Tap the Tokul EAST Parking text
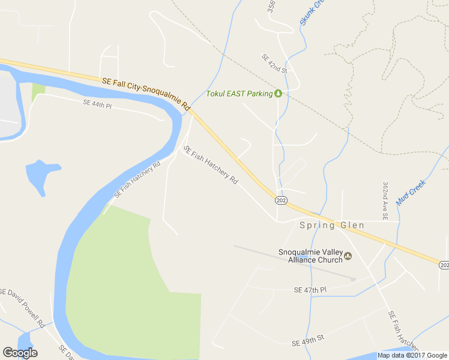[x=239, y=94]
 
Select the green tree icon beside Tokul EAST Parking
[x=278, y=94]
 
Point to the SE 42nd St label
[x=274, y=64]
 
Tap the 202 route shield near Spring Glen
[x=280, y=200]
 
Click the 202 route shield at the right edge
[x=444, y=265]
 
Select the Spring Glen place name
[x=331, y=226]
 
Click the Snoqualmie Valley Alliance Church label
[x=310, y=256]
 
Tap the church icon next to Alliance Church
[x=348, y=256]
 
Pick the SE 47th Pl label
[x=310, y=290]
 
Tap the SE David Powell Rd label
[x=23, y=308]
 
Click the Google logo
[x=20, y=353]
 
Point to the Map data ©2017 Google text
[x=412, y=355]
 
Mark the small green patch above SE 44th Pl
[x=38, y=91]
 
